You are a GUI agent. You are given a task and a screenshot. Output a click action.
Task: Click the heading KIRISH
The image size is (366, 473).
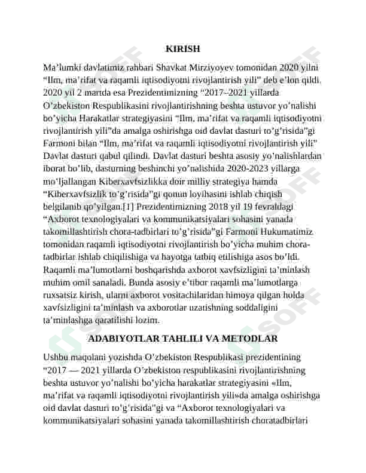[x=182, y=49]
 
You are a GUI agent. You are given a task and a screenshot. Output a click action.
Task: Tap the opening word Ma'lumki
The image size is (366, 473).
[x=63, y=67]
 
